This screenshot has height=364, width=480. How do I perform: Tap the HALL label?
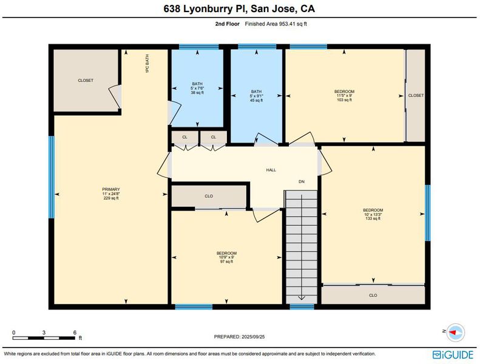(x=271, y=170)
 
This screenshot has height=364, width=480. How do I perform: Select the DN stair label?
(x=302, y=181)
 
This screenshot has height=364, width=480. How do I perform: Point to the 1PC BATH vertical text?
(x=147, y=63)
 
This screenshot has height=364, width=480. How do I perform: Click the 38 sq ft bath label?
(x=197, y=88)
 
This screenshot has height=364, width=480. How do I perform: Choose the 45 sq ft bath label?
(x=256, y=96)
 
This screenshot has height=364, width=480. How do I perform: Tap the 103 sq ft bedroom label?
(x=345, y=95)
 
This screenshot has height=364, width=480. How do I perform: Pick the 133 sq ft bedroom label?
(x=373, y=214)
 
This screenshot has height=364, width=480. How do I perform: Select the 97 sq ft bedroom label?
(x=226, y=257)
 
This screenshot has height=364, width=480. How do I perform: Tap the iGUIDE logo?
(x=453, y=355)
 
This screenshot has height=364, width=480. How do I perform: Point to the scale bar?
(x=44, y=338)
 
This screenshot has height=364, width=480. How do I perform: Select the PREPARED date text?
(x=239, y=337)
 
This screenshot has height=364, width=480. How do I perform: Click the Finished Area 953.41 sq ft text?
(x=276, y=24)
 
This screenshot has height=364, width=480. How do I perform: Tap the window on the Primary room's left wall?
(x=52, y=177)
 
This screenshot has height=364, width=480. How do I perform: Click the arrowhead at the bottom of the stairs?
(x=302, y=297)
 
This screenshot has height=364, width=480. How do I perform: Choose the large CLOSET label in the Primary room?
(x=86, y=81)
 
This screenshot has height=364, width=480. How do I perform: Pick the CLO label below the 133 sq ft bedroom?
(x=373, y=295)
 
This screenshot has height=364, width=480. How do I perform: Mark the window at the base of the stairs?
(x=302, y=307)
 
